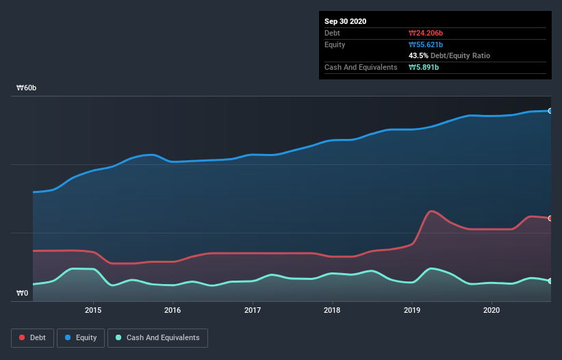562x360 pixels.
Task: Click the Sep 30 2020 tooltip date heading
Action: (x=345, y=21)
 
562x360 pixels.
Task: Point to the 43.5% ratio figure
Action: (x=418, y=55)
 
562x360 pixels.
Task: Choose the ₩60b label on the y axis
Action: (x=27, y=88)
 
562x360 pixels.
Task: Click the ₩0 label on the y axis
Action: (x=23, y=294)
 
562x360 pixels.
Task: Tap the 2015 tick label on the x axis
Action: (x=93, y=310)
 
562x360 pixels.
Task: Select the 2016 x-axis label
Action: (x=173, y=310)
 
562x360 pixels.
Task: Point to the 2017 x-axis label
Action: (x=253, y=310)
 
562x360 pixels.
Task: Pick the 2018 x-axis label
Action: (x=332, y=310)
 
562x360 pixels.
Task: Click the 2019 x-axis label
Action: (x=412, y=310)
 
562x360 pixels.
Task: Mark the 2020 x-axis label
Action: (x=491, y=310)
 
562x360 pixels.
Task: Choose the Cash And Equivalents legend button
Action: (x=157, y=337)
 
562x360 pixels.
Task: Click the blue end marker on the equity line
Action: (x=550, y=110)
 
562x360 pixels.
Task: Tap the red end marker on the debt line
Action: (x=550, y=218)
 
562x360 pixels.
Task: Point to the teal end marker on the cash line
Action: (x=550, y=281)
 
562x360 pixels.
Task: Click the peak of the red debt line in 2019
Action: (x=431, y=211)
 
